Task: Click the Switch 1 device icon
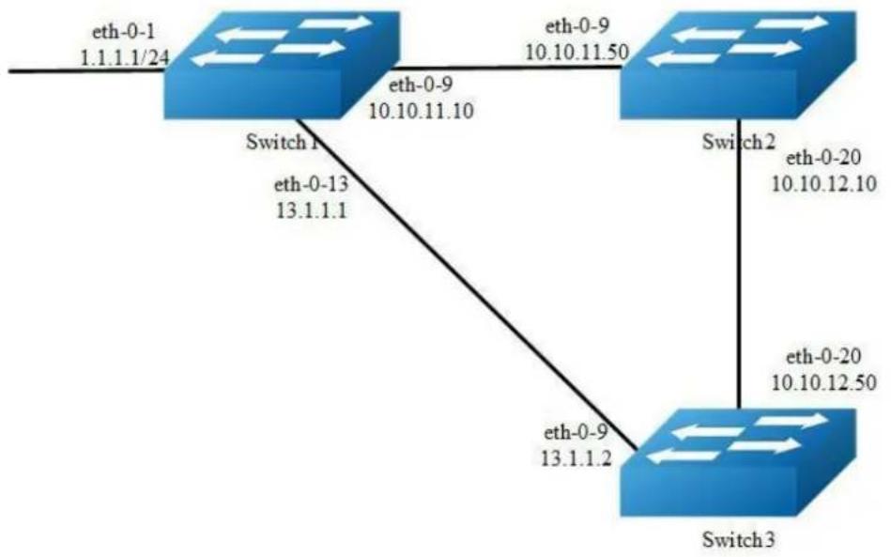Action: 283,66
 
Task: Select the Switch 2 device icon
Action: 738,66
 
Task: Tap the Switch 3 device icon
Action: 738,463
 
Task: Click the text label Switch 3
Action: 739,538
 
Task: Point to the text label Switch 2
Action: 739,141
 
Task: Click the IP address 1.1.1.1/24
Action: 126,57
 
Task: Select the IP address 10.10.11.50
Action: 576,52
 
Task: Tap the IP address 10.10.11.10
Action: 421,111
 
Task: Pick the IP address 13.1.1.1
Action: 312,210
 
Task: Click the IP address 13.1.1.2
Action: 576,458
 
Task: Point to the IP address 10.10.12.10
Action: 823,183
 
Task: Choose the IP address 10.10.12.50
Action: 823,382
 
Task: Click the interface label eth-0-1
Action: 123,31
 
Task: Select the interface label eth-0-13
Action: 311,184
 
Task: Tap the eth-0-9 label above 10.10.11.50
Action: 576,26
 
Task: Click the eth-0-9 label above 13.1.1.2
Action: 576,432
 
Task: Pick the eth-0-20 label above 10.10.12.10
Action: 823,158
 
